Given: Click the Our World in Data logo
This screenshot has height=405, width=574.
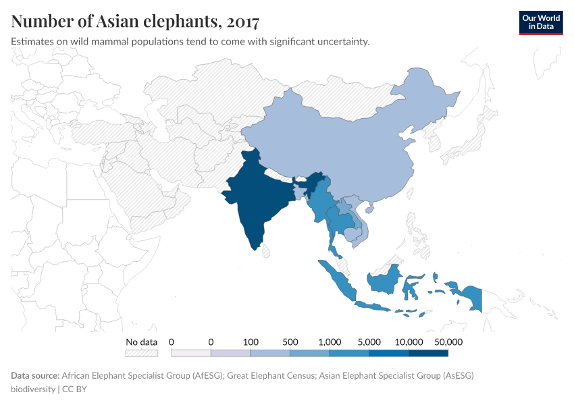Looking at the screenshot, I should click(540, 22).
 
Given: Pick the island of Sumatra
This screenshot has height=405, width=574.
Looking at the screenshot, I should click(338, 280).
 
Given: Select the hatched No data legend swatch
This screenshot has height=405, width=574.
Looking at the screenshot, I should click(142, 353).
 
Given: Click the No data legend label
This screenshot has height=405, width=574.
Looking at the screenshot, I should click(142, 342).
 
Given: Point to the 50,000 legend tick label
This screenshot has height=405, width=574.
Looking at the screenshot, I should click(448, 342).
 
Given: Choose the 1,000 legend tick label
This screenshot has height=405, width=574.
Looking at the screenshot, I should click(329, 342).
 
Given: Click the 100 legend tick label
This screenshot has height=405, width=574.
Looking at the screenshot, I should click(251, 342).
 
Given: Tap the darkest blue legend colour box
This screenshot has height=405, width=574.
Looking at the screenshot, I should click(428, 353).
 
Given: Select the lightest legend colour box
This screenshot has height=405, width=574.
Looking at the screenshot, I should click(191, 353).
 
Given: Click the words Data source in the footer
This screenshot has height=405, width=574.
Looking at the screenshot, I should click(35, 375).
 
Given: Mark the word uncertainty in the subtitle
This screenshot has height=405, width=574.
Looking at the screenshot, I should click(342, 42).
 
